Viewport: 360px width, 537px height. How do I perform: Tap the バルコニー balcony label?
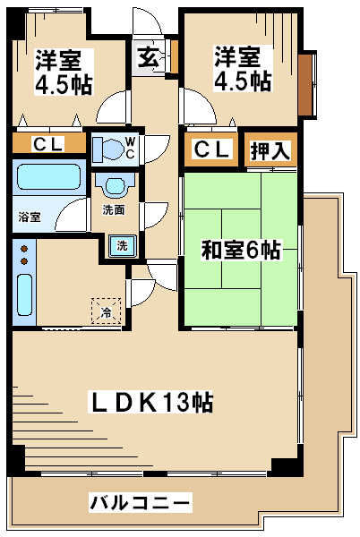pyautogui.click(x=140, y=502)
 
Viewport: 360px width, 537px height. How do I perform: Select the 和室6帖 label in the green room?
pyautogui.click(x=241, y=250)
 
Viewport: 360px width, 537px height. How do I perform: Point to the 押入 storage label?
pyautogui.click(x=270, y=150)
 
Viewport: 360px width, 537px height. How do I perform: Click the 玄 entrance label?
pyautogui.click(x=149, y=57)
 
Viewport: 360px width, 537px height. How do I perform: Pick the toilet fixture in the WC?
pyautogui.click(x=108, y=149)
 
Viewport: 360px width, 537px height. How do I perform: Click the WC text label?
pyautogui.click(x=130, y=148)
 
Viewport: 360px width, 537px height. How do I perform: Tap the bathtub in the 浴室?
pyautogui.click(x=48, y=176)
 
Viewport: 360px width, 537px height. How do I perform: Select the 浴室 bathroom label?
pyautogui.click(x=30, y=217)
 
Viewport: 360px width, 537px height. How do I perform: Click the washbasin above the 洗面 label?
pyautogui.click(x=115, y=185)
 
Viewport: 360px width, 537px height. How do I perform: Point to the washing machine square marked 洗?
pyautogui.click(x=123, y=245)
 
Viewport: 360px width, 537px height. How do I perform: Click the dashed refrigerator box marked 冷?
pyautogui.click(x=107, y=311)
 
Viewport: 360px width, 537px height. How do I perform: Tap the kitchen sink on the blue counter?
pyautogui.click(x=25, y=294)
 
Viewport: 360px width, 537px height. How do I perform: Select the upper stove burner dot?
pyautogui.click(x=24, y=248)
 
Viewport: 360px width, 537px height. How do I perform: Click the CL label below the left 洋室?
pyautogui.click(x=48, y=143)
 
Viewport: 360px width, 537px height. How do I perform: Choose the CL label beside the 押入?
pyautogui.click(x=211, y=149)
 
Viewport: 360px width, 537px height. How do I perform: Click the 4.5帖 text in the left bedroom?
pyautogui.click(x=64, y=85)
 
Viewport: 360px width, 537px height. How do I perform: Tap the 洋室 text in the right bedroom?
pyautogui.click(x=237, y=57)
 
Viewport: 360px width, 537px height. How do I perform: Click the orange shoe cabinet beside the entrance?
pyautogui.click(x=175, y=57)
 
